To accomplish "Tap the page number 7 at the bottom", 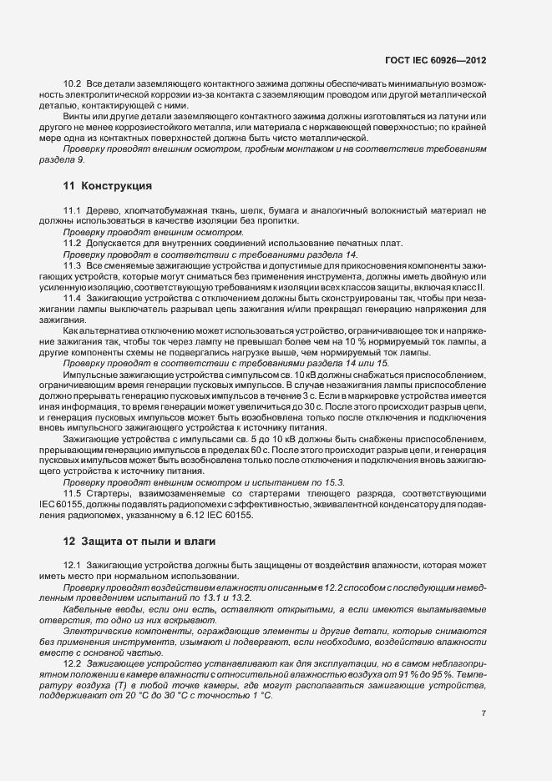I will (484, 713).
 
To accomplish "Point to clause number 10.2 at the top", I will (73, 85).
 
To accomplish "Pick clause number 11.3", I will (73, 265).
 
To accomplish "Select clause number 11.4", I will (73, 297).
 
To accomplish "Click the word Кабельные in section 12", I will (85, 611).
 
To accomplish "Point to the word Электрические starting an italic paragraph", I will (94, 632).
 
